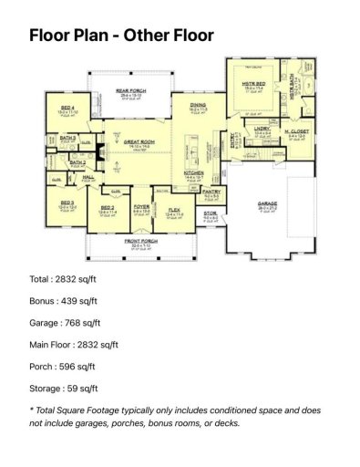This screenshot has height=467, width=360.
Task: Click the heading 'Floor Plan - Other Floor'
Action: click(x=121, y=36)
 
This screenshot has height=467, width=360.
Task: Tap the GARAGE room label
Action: click(x=268, y=204)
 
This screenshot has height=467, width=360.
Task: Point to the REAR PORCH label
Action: click(x=131, y=91)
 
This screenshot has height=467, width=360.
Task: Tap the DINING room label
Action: click(x=198, y=107)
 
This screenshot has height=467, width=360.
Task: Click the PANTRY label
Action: click(x=211, y=192)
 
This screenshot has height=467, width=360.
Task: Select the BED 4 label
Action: click(x=67, y=108)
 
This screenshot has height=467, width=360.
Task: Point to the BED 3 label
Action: click(x=67, y=202)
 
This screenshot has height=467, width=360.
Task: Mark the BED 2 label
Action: click(x=108, y=207)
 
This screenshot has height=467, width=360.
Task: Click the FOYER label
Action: click(x=141, y=207)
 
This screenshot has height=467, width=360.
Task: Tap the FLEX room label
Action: click(x=174, y=211)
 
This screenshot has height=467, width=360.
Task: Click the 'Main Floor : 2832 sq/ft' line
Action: click(x=74, y=345)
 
